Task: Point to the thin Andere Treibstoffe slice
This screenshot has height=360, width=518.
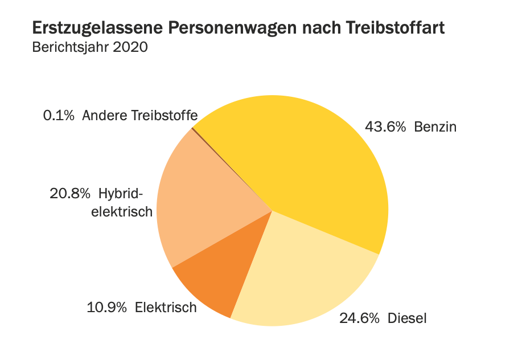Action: [194, 129]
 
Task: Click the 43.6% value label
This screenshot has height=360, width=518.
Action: [385, 126]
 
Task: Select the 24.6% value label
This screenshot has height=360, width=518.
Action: [359, 318]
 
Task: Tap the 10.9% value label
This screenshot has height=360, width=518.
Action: [106, 308]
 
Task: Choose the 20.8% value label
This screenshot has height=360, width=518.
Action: [70, 194]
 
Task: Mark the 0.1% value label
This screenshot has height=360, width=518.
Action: [59, 116]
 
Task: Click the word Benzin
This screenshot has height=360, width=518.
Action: [435, 126]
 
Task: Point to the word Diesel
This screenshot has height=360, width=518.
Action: [407, 318]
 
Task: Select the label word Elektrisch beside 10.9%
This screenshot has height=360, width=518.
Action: [166, 308]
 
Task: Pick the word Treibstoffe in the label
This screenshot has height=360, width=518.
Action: [165, 116]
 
